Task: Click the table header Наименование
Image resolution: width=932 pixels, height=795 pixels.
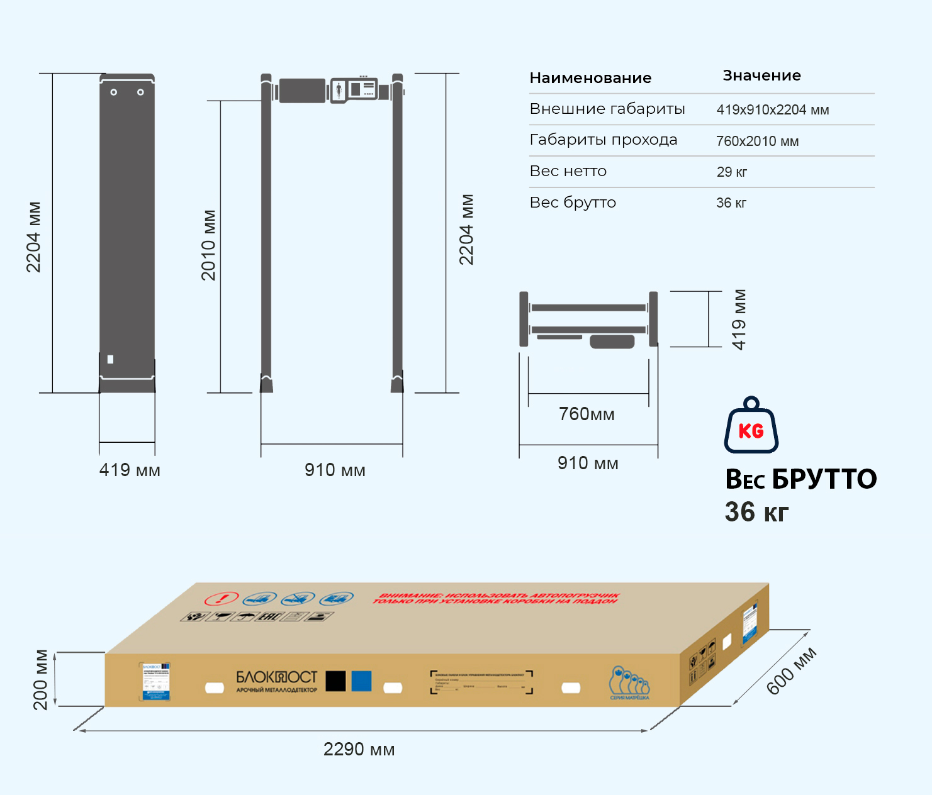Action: (x=590, y=78)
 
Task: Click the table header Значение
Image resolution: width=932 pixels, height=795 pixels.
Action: (x=761, y=75)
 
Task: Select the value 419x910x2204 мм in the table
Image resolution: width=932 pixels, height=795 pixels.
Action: (x=772, y=110)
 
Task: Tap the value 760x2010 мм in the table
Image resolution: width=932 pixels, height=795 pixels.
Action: (x=757, y=142)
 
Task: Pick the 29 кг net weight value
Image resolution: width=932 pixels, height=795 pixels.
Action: (x=731, y=172)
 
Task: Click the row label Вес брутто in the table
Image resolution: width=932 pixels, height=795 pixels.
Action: (x=573, y=203)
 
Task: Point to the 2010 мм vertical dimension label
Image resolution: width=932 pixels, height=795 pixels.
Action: (x=209, y=245)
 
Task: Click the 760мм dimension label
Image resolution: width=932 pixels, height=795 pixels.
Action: (x=587, y=414)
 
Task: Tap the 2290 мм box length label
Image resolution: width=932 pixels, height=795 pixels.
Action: (x=359, y=749)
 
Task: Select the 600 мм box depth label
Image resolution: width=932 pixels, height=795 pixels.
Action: (x=791, y=670)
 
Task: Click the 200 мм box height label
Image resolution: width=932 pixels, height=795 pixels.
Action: (x=40, y=679)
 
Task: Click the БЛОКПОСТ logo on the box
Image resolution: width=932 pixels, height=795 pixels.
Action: (x=276, y=677)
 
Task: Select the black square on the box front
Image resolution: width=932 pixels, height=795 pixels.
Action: (x=335, y=681)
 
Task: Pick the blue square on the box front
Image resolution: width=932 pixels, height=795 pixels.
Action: (x=361, y=681)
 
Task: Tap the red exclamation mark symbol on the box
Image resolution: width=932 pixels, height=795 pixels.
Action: (x=222, y=598)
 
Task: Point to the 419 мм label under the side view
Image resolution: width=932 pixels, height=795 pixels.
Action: (x=130, y=470)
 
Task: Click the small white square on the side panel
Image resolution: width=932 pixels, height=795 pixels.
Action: (x=111, y=360)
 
